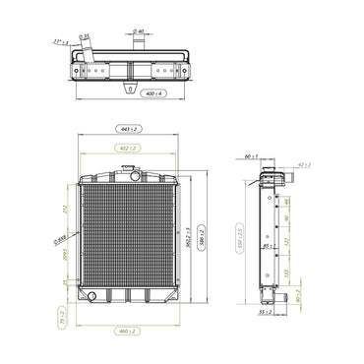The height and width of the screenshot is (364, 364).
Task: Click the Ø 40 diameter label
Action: coord(139,33)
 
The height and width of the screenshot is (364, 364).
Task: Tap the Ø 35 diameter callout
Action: coord(86,37)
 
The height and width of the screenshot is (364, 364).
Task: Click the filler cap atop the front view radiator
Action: coord(127,170)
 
